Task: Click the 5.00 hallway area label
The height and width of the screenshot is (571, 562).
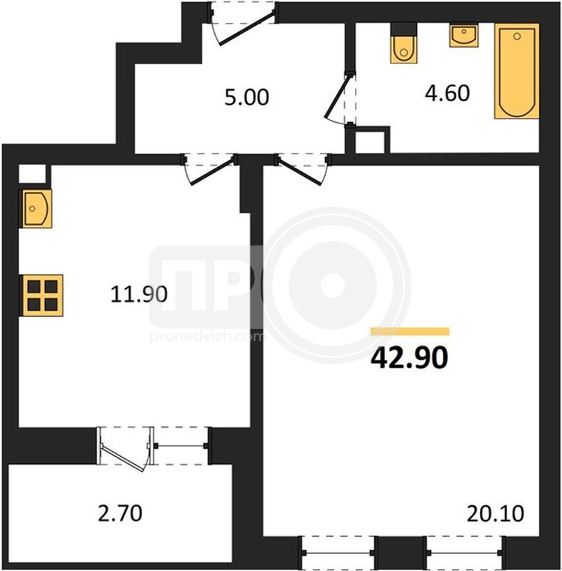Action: tap(246, 97)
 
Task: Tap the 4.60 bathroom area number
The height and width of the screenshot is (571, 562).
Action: tap(447, 93)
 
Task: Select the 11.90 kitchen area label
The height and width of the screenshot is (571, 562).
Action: tap(139, 294)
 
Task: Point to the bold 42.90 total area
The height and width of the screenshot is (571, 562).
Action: tap(409, 358)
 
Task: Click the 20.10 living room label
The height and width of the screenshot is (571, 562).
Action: tap(496, 513)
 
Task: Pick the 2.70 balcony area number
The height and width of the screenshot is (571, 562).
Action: tap(120, 513)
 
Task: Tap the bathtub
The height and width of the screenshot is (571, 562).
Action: tap(516, 71)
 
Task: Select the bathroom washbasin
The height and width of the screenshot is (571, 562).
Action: tap(463, 35)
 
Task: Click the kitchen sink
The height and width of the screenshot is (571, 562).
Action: tap(35, 208)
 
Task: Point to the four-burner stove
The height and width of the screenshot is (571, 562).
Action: tap(43, 295)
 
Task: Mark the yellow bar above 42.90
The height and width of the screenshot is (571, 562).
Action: tap(410, 331)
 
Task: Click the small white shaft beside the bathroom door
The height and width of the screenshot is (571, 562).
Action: tap(370, 142)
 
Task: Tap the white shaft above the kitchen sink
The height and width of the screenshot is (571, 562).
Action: tap(32, 173)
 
